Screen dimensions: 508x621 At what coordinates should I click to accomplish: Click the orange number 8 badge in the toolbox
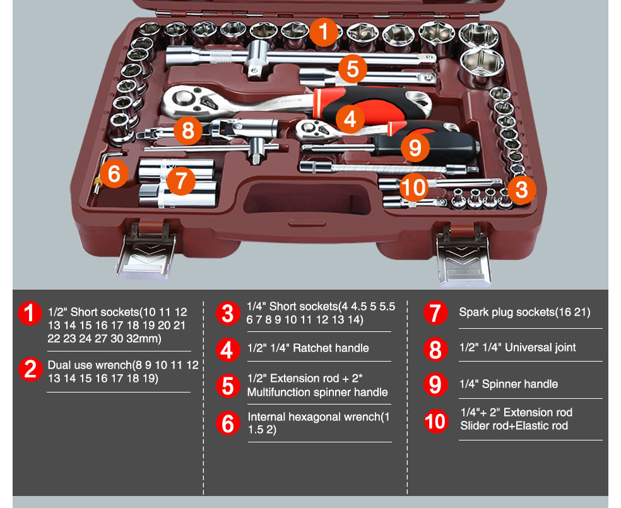[187, 131]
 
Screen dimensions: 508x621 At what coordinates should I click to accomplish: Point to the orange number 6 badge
[114, 173]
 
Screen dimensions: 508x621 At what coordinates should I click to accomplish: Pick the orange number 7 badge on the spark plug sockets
[181, 180]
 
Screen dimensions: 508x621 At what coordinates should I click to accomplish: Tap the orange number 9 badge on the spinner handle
[415, 147]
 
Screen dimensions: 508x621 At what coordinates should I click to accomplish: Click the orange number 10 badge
[414, 187]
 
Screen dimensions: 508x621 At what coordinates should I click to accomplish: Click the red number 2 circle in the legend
[30, 369]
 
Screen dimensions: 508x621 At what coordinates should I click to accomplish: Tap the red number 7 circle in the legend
[435, 313]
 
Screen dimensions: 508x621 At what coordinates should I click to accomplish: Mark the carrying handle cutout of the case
[304, 202]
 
